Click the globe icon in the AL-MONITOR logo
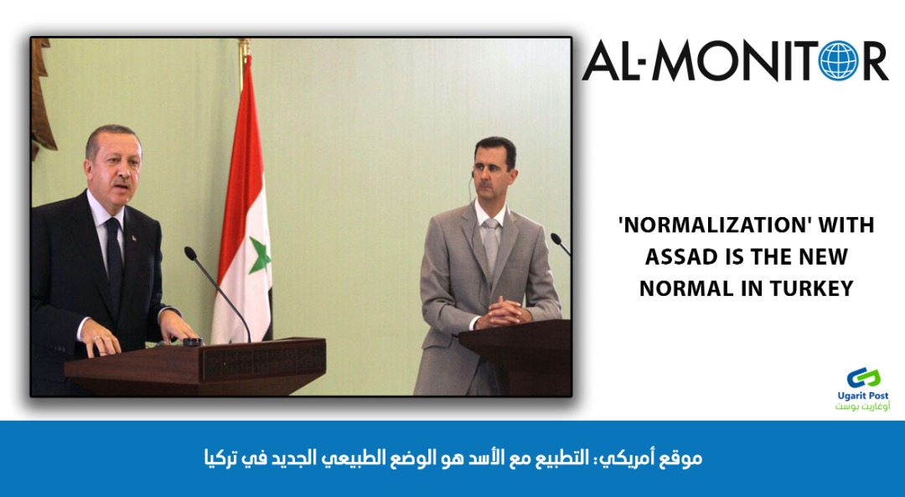pos(839,60)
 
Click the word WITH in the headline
pos(846,225)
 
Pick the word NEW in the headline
pos(824,256)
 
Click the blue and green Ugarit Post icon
pos(863,378)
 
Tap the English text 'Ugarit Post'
pos(863,396)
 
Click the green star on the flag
pos(259,255)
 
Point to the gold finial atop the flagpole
pos(245,47)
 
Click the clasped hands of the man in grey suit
pos(501,313)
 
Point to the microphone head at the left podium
pos(190,253)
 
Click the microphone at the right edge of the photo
pos(559,243)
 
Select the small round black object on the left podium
pos(193,342)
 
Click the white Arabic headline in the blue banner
pos(453,459)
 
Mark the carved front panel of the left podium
pos(264,359)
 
